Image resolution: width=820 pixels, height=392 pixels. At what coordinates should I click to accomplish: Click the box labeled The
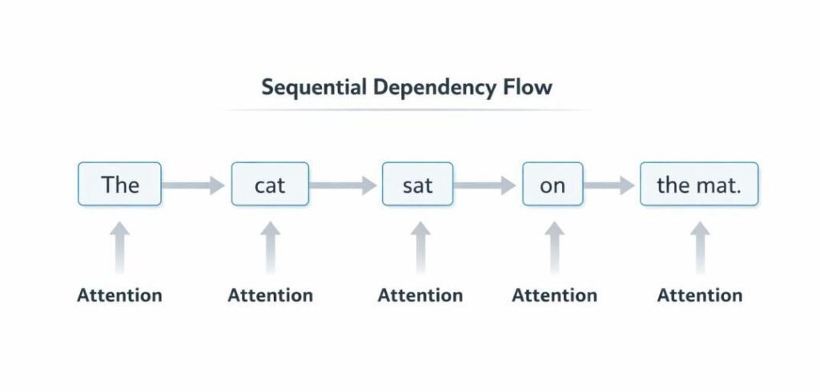(x=119, y=185)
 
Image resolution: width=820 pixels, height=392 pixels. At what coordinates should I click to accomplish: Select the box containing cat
(x=270, y=185)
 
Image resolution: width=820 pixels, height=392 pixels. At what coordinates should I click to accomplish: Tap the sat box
(x=417, y=185)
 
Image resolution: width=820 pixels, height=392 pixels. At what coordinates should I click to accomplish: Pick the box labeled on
(x=552, y=185)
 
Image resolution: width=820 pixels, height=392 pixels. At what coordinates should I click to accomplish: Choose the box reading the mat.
(x=698, y=185)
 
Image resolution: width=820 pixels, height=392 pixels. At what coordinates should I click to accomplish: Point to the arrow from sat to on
(x=487, y=186)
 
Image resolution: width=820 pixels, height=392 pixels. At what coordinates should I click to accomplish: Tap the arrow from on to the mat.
(x=610, y=186)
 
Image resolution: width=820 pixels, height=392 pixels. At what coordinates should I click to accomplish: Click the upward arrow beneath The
(x=119, y=248)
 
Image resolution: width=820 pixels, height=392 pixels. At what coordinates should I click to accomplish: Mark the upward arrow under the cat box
(x=270, y=248)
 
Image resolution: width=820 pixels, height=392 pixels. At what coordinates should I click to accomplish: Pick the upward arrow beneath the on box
(x=554, y=248)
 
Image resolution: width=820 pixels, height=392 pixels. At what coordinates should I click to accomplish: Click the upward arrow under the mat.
(x=700, y=248)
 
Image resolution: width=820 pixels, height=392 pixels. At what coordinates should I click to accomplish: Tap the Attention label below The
(x=119, y=295)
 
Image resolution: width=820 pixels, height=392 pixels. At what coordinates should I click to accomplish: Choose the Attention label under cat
(x=270, y=295)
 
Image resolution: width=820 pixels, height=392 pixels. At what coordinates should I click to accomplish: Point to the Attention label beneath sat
(x=420, y=295)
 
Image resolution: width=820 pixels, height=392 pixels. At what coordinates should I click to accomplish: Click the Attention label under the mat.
(x=700, y=295)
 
